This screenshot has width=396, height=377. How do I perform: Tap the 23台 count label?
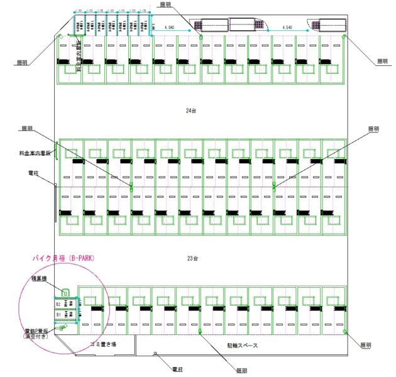192,258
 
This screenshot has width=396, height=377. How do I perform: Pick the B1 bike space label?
59,313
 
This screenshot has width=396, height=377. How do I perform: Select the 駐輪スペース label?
240,345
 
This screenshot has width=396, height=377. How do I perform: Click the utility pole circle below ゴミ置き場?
155,354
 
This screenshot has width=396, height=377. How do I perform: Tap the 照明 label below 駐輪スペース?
241,371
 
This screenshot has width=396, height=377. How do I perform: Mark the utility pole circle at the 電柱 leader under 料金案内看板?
56,185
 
